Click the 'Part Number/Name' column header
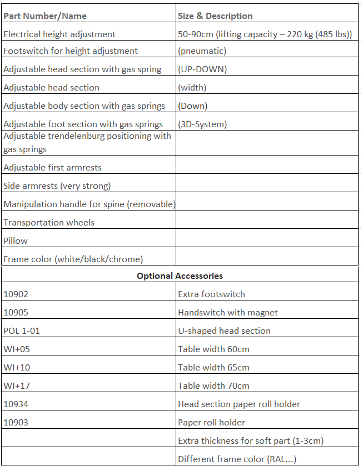(x=45, y=16)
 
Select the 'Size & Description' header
(x=215, y=16)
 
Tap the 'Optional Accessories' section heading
(x=180, y=275)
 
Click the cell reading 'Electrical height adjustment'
(x=59, y=34)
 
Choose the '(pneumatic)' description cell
(x=202, y=51)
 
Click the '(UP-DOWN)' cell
(x=202, y=69)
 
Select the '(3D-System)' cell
(x=202, y=124)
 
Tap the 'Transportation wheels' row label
(x=49, y=223)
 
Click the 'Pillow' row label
(x=16, y=241)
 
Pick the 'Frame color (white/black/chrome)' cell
(x=73, y=259)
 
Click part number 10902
(x=16, y=294)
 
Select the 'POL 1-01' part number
(x=22, y=331)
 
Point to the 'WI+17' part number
(x=17, y=386)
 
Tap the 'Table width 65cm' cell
(x=213, y=368)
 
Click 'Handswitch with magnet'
(x=228, y=313)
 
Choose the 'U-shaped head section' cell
(x=224, y=331)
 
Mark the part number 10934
(x=16, y=404)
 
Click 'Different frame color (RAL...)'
(x=237, y=459)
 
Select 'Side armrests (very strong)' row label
(x=57, y=186)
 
